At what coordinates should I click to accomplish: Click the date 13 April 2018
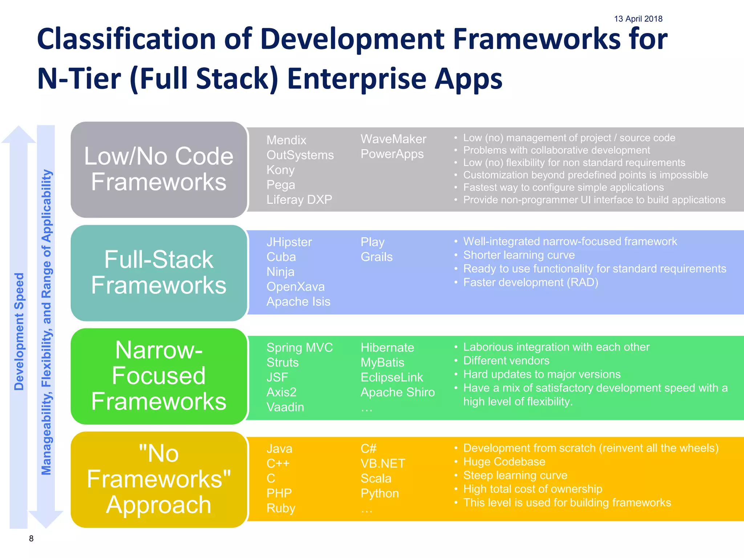[638, 19]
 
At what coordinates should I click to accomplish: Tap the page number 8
[31, 538]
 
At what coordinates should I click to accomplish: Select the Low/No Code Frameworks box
[159, 169]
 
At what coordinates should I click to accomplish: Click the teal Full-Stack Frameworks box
[159, 272]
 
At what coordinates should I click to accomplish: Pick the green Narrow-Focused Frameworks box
[159, 376]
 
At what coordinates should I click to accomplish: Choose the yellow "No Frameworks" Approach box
[159, 480]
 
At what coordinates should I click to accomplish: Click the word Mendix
[286, 140]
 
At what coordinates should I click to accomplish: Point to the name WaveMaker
[393, 139]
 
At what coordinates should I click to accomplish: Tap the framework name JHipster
[289, 242]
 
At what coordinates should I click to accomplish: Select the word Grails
[376, 257]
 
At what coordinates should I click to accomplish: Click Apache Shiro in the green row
[397, 392]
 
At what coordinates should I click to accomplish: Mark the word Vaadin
[285, 407]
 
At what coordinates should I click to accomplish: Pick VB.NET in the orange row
[383, 464]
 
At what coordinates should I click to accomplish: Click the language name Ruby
[281, 508]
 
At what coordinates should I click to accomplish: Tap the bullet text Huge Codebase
[504, 462]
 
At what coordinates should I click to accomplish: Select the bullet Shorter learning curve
[519, 255]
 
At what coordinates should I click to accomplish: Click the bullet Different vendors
[506, 361]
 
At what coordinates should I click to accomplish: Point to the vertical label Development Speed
[19, 331]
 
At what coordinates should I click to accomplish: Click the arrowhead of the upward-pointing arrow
[19, 134]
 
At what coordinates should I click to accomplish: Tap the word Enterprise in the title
[356, 79]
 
